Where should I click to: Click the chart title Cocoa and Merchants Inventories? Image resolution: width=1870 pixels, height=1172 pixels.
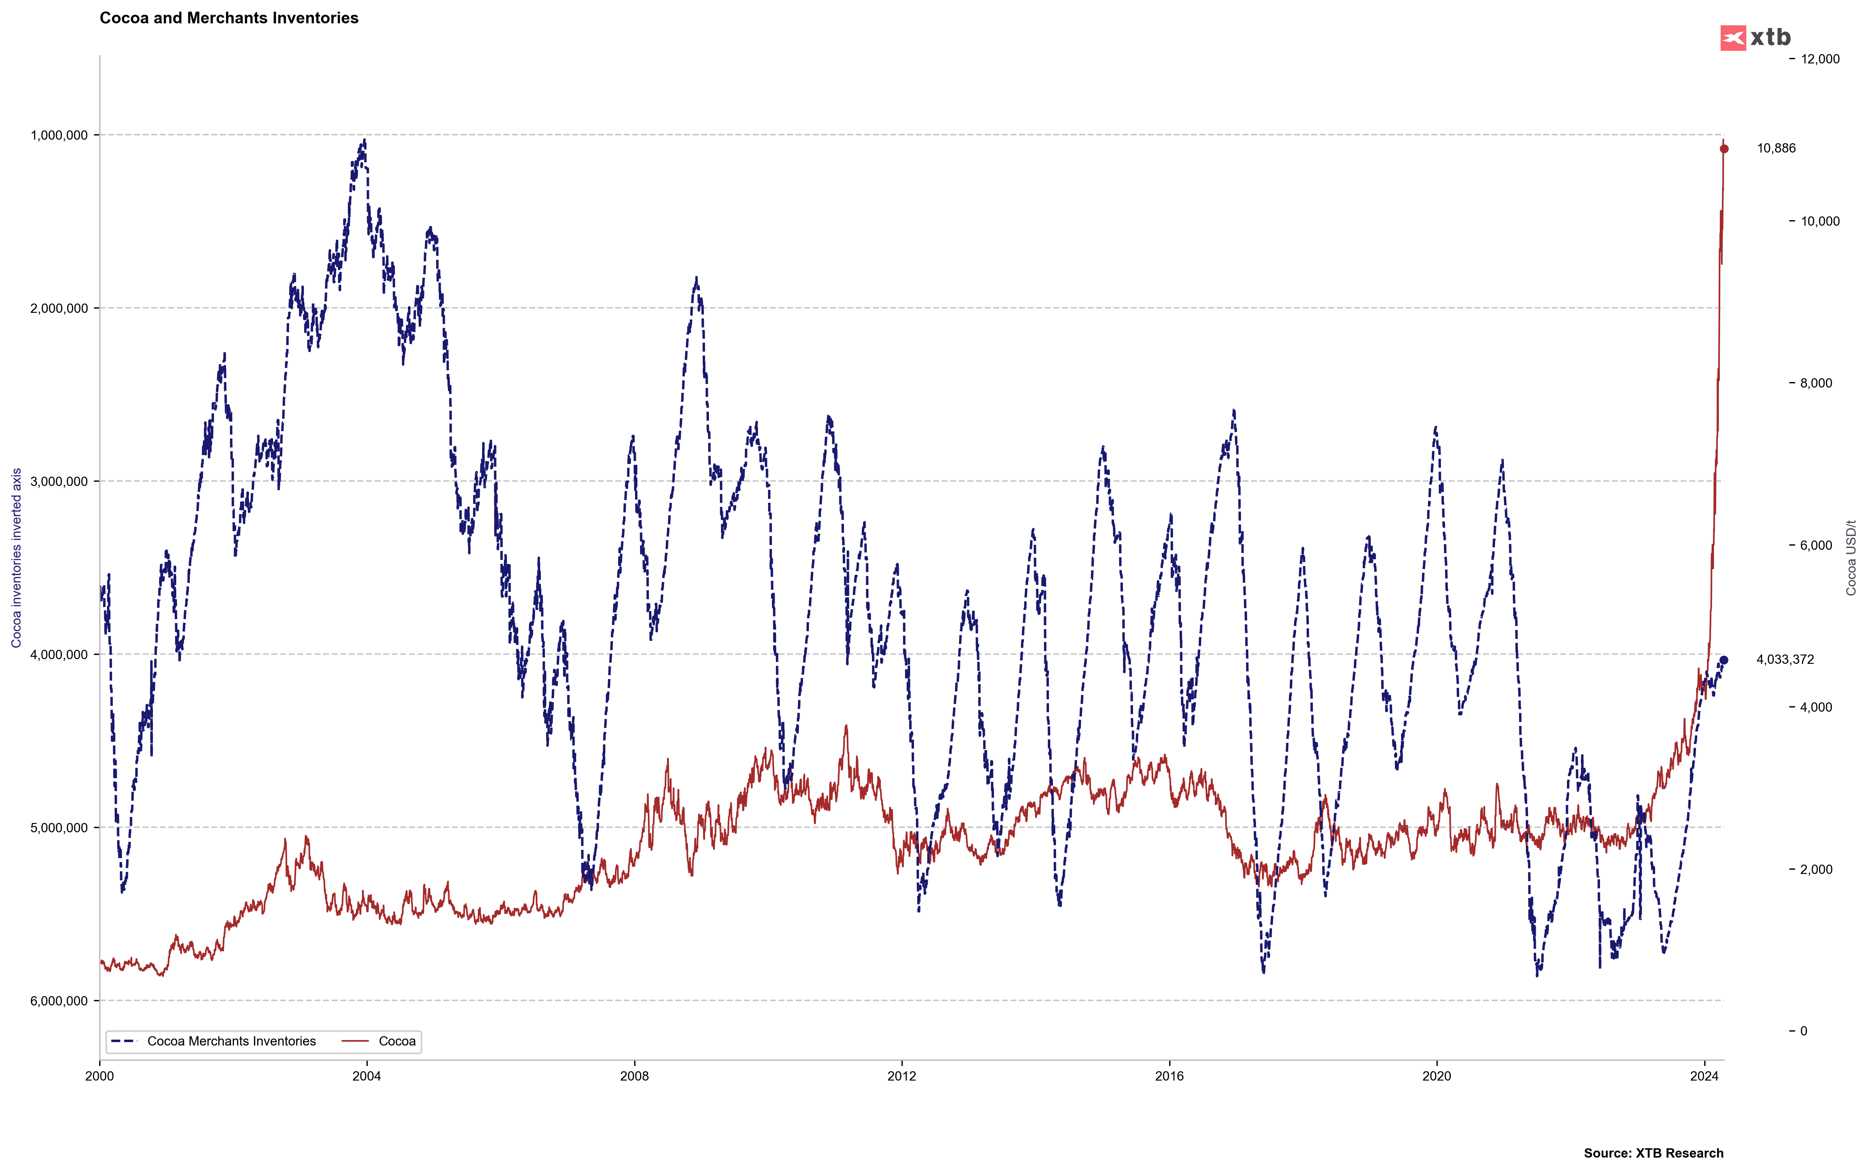[229, 18]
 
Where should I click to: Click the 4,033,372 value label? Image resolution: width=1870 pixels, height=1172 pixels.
[1784, 660]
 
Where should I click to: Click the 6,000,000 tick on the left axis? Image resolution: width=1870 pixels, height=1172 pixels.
[59, 1001]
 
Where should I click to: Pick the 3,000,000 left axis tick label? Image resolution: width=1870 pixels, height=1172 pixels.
[59, 481]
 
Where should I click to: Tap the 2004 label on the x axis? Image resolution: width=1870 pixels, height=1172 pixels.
[367, 1076]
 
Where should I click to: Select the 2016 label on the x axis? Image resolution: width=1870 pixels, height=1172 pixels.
[1169, 1076]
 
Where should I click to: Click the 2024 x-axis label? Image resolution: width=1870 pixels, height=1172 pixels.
[1703, 1076]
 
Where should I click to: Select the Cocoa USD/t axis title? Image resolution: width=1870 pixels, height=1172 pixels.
[1851, 558]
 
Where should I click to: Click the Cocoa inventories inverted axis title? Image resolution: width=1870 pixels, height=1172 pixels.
[16, 558]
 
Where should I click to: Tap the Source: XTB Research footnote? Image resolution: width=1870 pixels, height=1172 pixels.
[1653, 1153]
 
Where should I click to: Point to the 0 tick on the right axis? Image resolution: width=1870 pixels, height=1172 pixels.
[1803, 1031]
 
